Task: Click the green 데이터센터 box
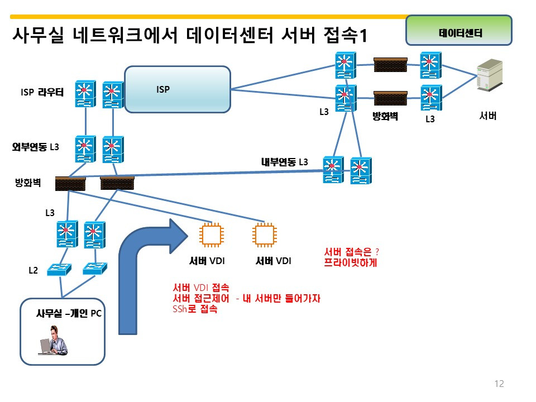pos(459,30)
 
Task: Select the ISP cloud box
pos(178,89)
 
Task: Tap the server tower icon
pos(490,75)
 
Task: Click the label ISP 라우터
pos(42,92)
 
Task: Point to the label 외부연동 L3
pos(36,147)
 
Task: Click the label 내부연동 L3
pos(284,162)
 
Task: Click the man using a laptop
pos(54,341)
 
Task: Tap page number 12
pos(499,384)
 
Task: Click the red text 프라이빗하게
pos(351,262)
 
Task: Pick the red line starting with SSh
pos(195,309)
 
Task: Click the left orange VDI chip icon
pos(212,235)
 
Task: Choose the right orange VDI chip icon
pos(265,235)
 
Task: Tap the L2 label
pos(33,270)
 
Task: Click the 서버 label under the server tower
pos(488,116)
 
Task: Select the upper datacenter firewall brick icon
pos(390,65)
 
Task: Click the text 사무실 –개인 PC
pos(69,313)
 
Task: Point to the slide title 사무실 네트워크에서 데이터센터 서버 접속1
pos(190,35)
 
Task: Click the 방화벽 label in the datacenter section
pos(385,117)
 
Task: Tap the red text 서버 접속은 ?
pos(351,252)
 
